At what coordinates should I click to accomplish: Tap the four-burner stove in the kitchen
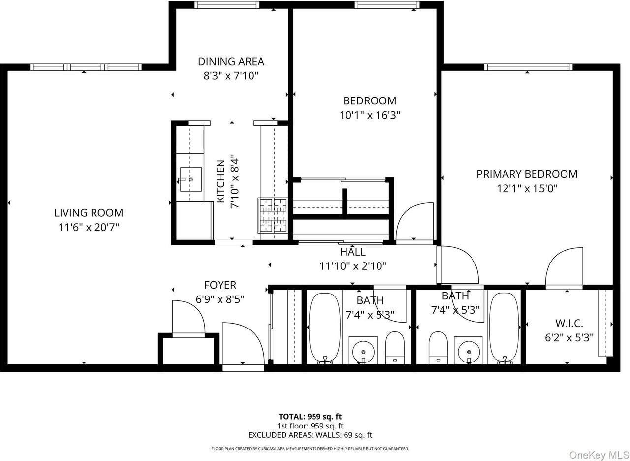tap(273, 215)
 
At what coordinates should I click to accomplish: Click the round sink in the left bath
tap(363, 351)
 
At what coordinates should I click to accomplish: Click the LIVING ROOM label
tap(89, 213)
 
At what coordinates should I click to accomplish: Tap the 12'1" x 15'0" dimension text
tap(527, 188)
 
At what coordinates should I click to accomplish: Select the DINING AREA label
tap(231, 61)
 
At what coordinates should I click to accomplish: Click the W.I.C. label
tap(569, 323)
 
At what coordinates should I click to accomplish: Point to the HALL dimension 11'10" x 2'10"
tap(353, 266)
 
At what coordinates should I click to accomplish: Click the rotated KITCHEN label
tap(221, 181)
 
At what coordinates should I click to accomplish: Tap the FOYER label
tap(220, 285)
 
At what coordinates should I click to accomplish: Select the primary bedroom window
tap(528, 67)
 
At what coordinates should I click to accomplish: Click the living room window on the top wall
tap(86, 67)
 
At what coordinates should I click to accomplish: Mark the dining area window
tap(226, 5)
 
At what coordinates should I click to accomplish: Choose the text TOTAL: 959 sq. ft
tap(310, 416)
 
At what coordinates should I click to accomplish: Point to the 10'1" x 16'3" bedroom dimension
tap(370, 115)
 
